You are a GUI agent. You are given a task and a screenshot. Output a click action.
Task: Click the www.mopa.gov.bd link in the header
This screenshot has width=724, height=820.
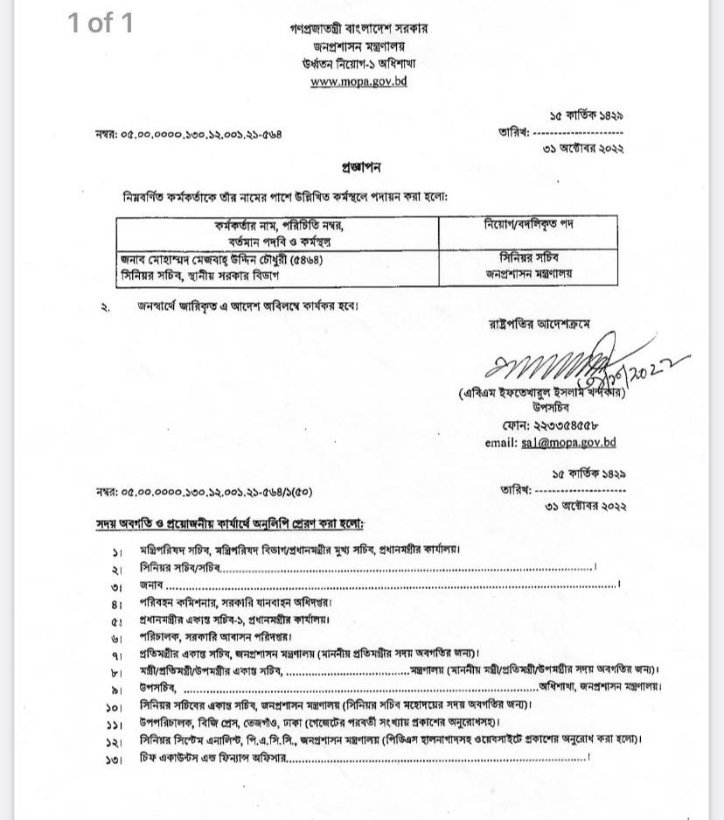(359, 81)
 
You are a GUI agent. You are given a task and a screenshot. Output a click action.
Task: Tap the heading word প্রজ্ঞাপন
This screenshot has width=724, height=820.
(361, 166)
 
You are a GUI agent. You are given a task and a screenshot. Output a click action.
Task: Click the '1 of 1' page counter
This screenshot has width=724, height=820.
(101, 23)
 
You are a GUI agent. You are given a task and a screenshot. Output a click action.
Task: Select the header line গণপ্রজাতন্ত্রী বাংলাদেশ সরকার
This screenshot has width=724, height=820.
(359, 28)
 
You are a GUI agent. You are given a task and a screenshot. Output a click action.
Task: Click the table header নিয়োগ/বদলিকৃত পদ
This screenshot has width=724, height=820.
(528, 225)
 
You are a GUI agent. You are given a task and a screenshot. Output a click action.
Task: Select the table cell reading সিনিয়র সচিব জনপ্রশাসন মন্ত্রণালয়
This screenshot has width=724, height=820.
(528, 265)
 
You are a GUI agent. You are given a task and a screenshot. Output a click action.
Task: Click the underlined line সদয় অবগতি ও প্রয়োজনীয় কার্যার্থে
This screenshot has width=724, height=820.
(230, 523)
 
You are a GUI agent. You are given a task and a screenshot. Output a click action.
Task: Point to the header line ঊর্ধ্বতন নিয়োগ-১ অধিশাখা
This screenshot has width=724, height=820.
(359, 64)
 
